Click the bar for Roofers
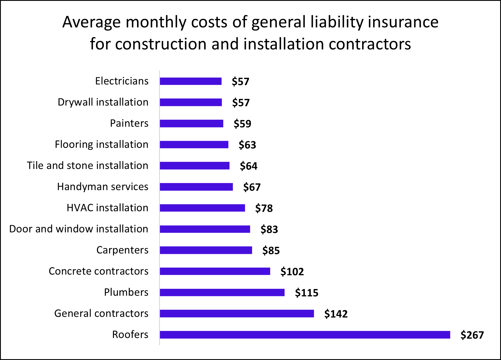pyautogui.click(x=305, y=335)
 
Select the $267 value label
pyautogui.click(x=472, y=335)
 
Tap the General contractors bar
pyautogui.click(x=237, y=313)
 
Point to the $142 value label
pyautogui.click(x=336, y=314)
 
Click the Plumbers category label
pyautogui.click(x=126, y=292)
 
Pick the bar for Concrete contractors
pyautogui.click(x=215, y=271)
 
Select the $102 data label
pyautogui.click(x=292, y=272)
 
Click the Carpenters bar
pyautogui.click(x=206, y=250)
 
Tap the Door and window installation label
pyautogui.click(x=79, y=229)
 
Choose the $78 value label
pyautogui.click(x=264, y=208)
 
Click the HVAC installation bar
pyautogui.click(x=202, y=208)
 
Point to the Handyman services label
pyautogui.click(x=103, y=187)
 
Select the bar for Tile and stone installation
pyautogui.click(x=194, y=165)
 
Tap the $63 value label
pyautogui.click(x=247, y=145)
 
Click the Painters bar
pyautogui.click(x=191, y=123)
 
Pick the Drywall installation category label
pyautogui.click(x=103, y=102)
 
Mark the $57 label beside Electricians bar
pyautogui.click(x=240, y=81)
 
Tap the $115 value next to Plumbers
pyautogui.click(x=306, y=293)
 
